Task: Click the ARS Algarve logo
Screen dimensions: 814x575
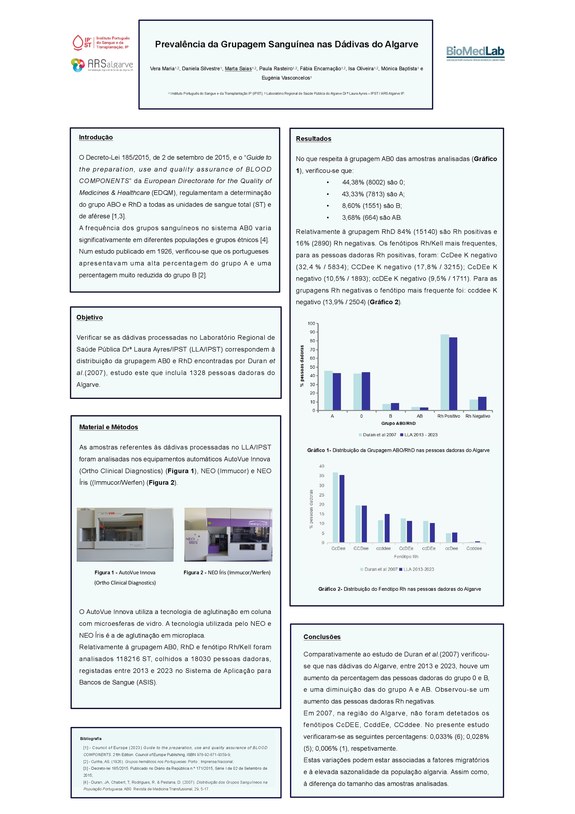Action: pyautogui.click(x=102, y=65)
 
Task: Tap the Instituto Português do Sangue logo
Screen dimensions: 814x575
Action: pyautogui.click(x=101, y=43)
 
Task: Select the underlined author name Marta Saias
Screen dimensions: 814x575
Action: pyautogui.click(x=238, y=69)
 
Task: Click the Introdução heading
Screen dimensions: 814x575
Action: pyautogui.click(x=96, y=138)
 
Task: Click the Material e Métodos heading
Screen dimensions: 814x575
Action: pyautogui.click(x=108, y=427)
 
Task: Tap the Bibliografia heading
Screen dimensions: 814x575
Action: pyautogui.click(x=91, y=739)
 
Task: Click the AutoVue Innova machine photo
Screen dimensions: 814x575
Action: pyautogui.click(x=125, y=534)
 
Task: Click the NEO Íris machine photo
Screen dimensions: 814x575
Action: pyautogui.click(x=228, y=534)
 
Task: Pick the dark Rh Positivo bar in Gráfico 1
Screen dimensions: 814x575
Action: pyautogui.click(x=453, y=374)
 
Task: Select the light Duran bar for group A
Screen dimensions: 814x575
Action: pyautogui.click(x=328, y=390)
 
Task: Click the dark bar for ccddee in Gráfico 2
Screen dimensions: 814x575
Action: pyautogui.click(x=387, y=528)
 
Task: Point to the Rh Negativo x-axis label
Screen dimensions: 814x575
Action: pyautogui.click(x=478, y=416)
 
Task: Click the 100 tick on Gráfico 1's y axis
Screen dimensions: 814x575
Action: pyautogui.click(x=311, y=323)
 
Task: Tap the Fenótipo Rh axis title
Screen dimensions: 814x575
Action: pyautogui.click(x=406, y=557)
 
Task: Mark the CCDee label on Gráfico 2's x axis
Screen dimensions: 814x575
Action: pyautogui.click(x=361, y=548)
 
